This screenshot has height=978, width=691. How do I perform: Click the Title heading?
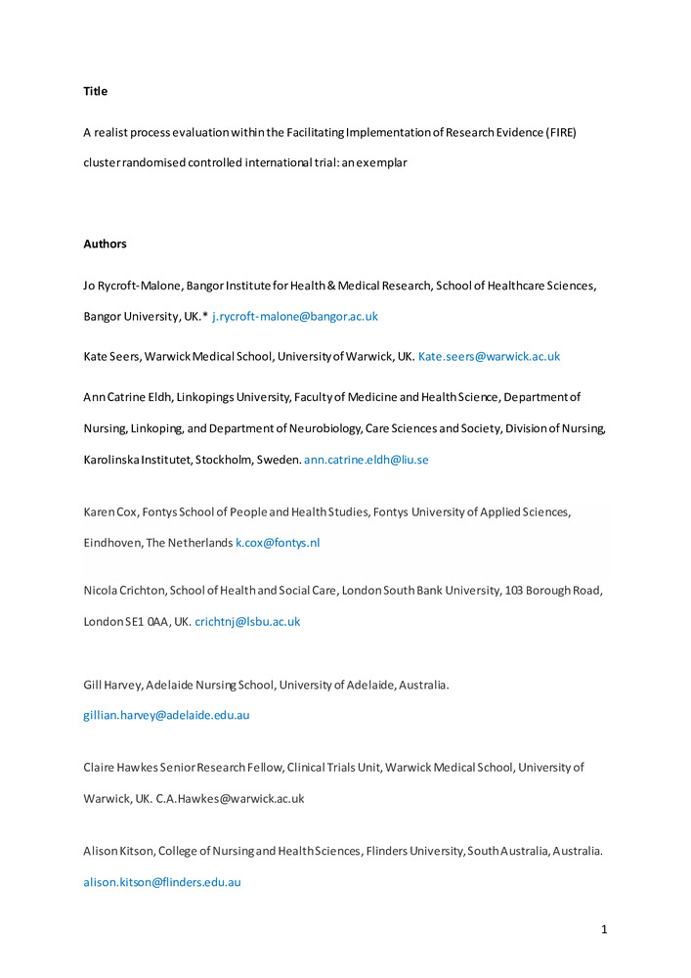(95, 91)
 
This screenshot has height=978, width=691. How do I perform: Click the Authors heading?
(106, 244)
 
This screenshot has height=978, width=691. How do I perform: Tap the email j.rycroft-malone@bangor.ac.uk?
(294, 317)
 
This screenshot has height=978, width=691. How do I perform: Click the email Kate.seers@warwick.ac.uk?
(489, 357)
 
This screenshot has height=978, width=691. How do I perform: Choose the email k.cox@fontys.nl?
(278, 542)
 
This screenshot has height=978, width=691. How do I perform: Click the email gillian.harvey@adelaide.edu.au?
(166, 715)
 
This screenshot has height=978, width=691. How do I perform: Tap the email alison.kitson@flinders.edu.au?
(162, 881)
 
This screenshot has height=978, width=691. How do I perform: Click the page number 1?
(604, 929)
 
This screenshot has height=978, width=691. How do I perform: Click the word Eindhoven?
(112, 542)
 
